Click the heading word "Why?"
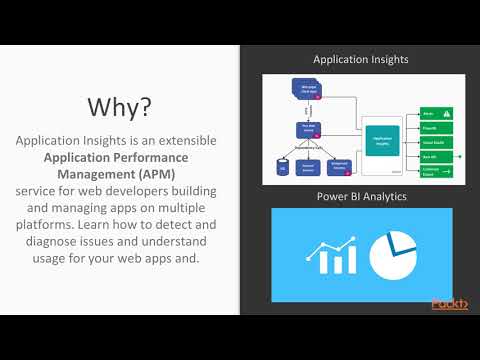coord(119,107)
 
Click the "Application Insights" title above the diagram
coord(360,60)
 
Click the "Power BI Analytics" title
coord(361,195)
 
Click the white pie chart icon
coord(397,253)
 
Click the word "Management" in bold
coord(88,174)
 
